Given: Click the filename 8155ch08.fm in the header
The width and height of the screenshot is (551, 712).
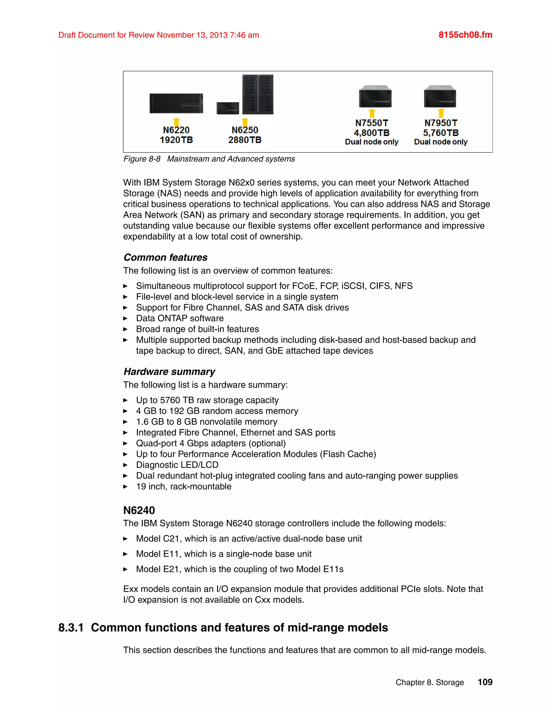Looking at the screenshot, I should click(x=465, y=35).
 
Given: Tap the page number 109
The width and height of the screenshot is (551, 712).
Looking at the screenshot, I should click(x=485, y=682).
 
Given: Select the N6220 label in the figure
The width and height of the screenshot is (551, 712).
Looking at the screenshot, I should click(x=176, y=130).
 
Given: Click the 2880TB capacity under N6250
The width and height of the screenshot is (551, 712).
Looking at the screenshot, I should click(x=245, y=140).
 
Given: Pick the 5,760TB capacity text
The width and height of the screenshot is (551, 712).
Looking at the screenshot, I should click(x=440, y=133).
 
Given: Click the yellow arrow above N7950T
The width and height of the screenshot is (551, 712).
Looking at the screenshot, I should click(x=441, y=113).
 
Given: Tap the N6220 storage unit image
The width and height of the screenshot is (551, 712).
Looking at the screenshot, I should click(x=176, y=103).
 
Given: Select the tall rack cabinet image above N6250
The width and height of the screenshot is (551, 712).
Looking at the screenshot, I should click(x=257, y=94).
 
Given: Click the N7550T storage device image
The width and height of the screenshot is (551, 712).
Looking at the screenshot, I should click(x=375, y=96).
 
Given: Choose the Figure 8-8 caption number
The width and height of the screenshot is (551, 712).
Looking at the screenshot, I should click(x=142, y=159).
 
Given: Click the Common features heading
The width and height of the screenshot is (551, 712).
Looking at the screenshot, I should click(x=165, y=258).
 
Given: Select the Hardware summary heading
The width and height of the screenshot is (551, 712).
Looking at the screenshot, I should click(x=169, y=372).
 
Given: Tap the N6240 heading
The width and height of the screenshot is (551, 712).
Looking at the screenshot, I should click(x=139, y=510).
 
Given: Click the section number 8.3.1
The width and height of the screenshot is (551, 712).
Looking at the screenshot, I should click(x=71, y=628).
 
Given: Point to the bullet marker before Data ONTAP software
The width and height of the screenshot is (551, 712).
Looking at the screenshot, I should click(x=125, y=318).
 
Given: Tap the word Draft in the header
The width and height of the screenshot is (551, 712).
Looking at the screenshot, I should click(x=67, y=35).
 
